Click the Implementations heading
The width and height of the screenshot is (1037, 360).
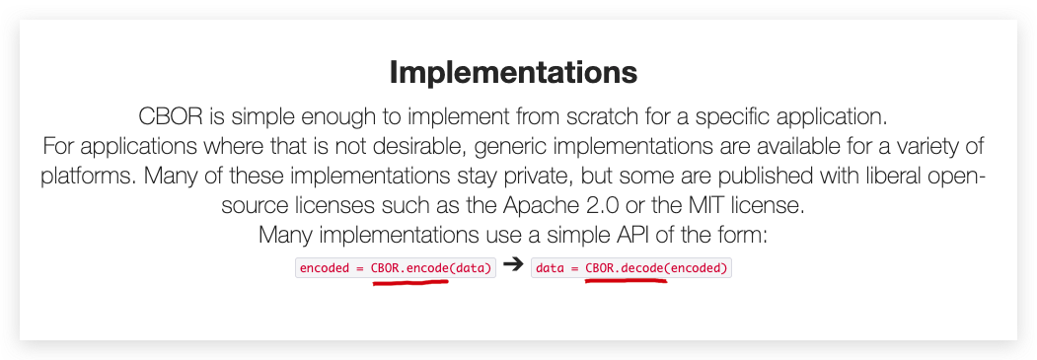click(513, 73)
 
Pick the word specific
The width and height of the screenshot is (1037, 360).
click(730, 119)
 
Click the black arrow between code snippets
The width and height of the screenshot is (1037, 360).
click(513, 265)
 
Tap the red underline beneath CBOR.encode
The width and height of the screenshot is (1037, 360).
click(410, 282)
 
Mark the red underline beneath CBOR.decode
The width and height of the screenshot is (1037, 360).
click(626, 281)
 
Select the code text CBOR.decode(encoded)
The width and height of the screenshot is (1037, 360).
click(657, 268)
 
